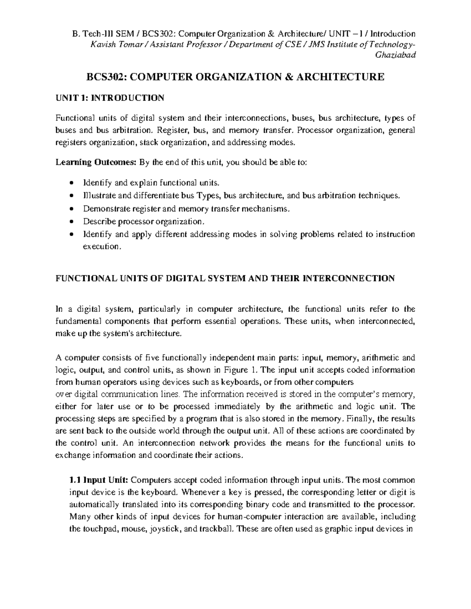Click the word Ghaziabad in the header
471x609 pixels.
396,55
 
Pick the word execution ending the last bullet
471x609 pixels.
100,247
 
